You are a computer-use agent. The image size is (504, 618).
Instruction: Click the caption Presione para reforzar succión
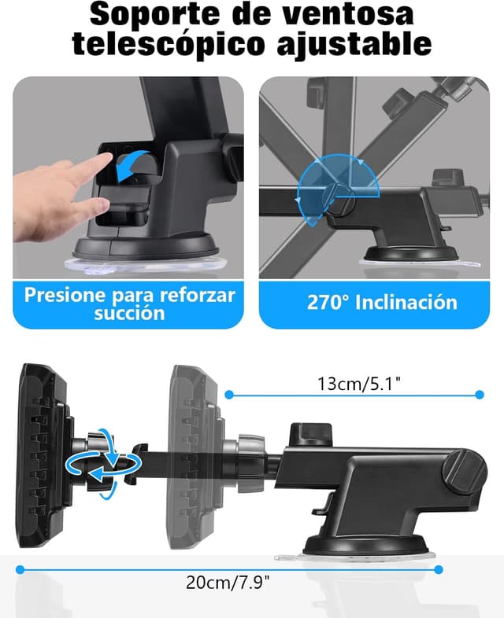coord(129,303)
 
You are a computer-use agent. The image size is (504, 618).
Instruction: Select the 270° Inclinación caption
coord(381,303)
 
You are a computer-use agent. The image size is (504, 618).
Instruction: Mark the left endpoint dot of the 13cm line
coord(229,394)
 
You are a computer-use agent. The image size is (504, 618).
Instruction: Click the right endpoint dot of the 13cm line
coord(479,394)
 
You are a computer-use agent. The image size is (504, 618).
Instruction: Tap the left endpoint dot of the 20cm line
coord(20,568)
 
